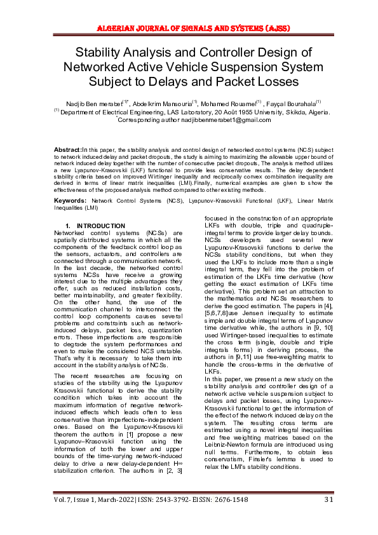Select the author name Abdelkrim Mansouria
click(x=156, y=103)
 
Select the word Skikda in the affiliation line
click(x=281, y=111)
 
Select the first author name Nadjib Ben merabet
click(x=88, y=103)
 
